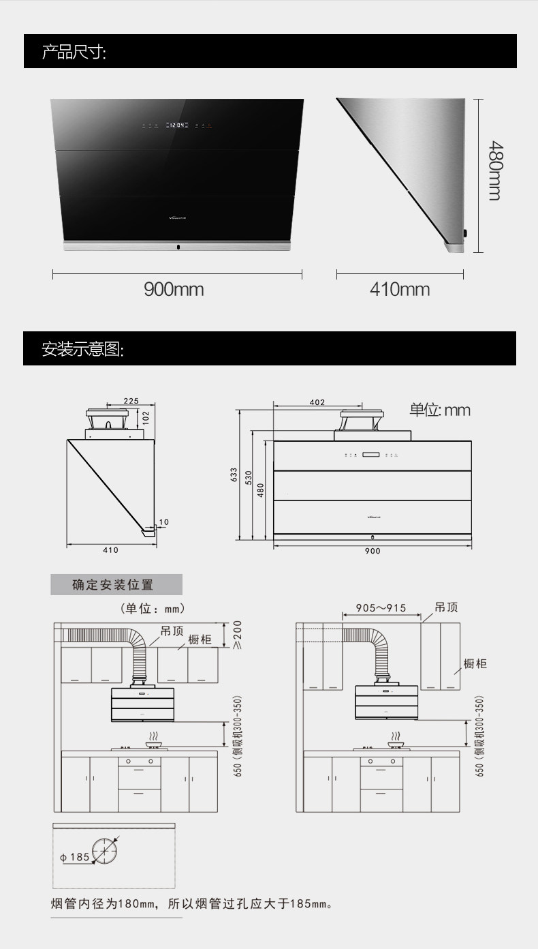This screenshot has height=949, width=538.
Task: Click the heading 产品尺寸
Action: [74, 52]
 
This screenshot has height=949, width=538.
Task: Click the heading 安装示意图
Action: [82, 349]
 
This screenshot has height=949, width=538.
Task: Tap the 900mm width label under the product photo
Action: [174, 289]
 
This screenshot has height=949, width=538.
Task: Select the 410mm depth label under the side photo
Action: [400, 289]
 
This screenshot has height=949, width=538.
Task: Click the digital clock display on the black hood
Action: [178, 125]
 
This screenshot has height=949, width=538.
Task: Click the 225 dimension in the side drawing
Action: [131, 402]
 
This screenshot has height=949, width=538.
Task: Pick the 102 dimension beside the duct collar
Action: [146, 417]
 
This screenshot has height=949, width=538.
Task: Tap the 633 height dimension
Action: [234, 474]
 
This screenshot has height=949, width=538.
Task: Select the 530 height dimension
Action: [249, 479]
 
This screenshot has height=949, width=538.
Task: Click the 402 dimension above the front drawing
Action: [317, 402]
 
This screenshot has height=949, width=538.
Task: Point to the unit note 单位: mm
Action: [439, 410]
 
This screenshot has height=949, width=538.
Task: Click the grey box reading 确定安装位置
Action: [116, 585]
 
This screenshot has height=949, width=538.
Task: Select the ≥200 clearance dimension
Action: [238, 634]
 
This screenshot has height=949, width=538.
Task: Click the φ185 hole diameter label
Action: [75, 856]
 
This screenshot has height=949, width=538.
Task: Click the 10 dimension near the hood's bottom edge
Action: [163, 522]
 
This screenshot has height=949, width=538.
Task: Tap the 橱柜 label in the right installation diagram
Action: [475, 663]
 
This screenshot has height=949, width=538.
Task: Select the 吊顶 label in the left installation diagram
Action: [172, 631]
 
